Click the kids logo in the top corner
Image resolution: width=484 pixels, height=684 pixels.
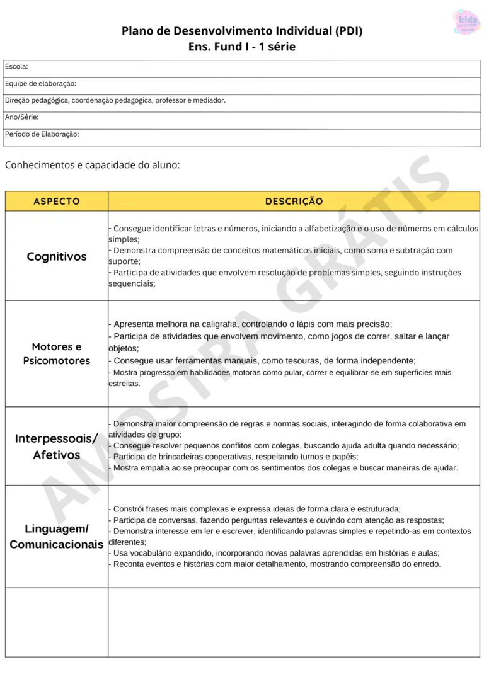coord(466,21)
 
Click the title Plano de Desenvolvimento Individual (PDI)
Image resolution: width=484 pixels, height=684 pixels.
coord(242,31)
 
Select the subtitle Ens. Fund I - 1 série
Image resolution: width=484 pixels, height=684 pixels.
coord(242,47)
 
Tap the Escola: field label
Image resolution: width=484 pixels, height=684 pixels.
coord(16,66)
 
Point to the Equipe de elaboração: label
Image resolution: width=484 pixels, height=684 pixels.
coord(40,83)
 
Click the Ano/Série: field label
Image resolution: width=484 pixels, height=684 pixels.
coord(22,117)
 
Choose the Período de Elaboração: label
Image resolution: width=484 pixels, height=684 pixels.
coord(42,134)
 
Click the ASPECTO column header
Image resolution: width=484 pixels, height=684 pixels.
coord(57,202)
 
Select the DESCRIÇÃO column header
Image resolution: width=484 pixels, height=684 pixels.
coord(294,202)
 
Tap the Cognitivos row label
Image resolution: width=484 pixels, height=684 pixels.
coord(57,256)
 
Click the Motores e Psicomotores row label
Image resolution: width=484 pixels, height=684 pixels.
coord(57,353)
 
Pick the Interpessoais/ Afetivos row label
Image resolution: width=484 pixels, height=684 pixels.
coord(57,447)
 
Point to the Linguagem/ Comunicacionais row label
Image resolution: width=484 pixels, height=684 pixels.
coord(57,536)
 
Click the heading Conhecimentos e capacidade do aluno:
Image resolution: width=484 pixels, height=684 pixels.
coord(92,165)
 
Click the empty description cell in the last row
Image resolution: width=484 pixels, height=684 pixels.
coord(294,622)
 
